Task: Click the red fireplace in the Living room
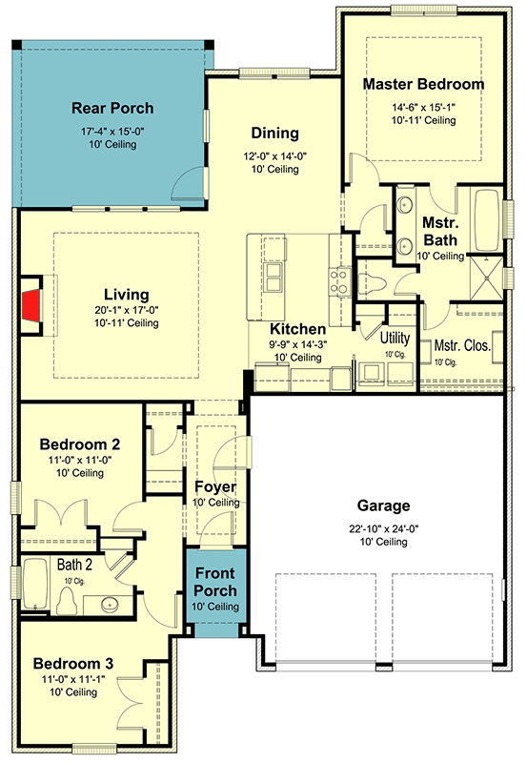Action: point(32,305)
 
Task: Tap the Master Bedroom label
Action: point(423,84)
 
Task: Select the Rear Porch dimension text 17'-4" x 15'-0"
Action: point(112,131)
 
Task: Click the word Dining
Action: point(274,133)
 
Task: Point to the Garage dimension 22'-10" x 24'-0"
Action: point(384,528)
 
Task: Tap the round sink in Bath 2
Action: point(110,605)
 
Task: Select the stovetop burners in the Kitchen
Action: point(340,281)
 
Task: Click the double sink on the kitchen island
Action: point(274,278)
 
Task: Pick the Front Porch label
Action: point(215,582)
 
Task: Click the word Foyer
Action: point(215,486)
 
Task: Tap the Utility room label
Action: point(395,338)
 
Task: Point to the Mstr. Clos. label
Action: point(462,345)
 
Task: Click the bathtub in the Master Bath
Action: point(488,219)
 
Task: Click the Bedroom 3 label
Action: point(73,664)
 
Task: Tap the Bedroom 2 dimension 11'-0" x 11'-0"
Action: point(80,460)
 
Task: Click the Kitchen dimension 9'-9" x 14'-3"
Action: point(298,344)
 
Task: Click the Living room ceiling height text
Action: point(127,323)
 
